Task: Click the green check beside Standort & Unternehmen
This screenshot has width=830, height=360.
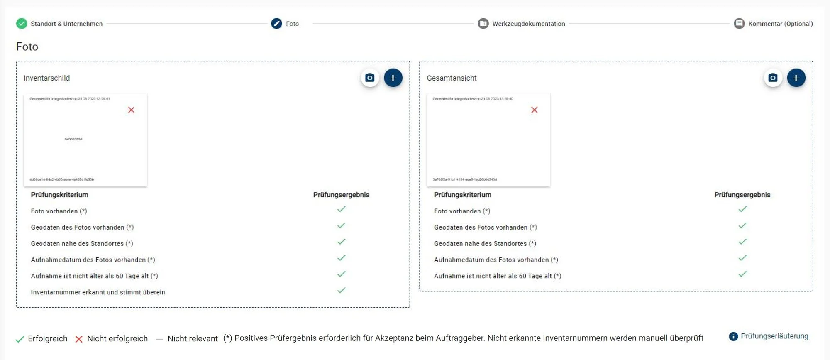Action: pos(22,24)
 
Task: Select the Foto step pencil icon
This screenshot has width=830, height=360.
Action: pos(276,24)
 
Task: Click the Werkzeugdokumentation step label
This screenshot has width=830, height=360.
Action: pos(528,24)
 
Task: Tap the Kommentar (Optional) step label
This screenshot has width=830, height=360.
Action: pos(780,24)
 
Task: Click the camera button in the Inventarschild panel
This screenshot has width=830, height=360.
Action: pos(370,78)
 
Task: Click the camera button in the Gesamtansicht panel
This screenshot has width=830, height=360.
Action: pos(773,78)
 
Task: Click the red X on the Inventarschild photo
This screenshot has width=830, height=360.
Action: pos(131,110)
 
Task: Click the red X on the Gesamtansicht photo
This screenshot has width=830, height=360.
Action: pos(535,110)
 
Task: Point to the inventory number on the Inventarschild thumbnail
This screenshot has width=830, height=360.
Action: pos(73,139)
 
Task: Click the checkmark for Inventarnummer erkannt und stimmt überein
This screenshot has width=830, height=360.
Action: pos(341,290)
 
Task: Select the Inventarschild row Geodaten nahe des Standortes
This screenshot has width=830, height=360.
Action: pos(82,244)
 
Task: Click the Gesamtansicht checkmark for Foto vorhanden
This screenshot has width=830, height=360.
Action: pos(742,209)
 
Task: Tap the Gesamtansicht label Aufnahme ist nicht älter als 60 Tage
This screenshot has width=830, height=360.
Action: pos(497,276)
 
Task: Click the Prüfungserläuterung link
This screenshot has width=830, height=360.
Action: pos(774,336)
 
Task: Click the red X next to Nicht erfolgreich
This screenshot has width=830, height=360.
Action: pos(79,339)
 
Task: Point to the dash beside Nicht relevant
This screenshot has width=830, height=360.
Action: pos(159,339)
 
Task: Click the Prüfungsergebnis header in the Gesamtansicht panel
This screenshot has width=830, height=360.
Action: pos(742,195)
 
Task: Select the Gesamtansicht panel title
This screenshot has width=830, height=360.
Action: pos(452,78)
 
